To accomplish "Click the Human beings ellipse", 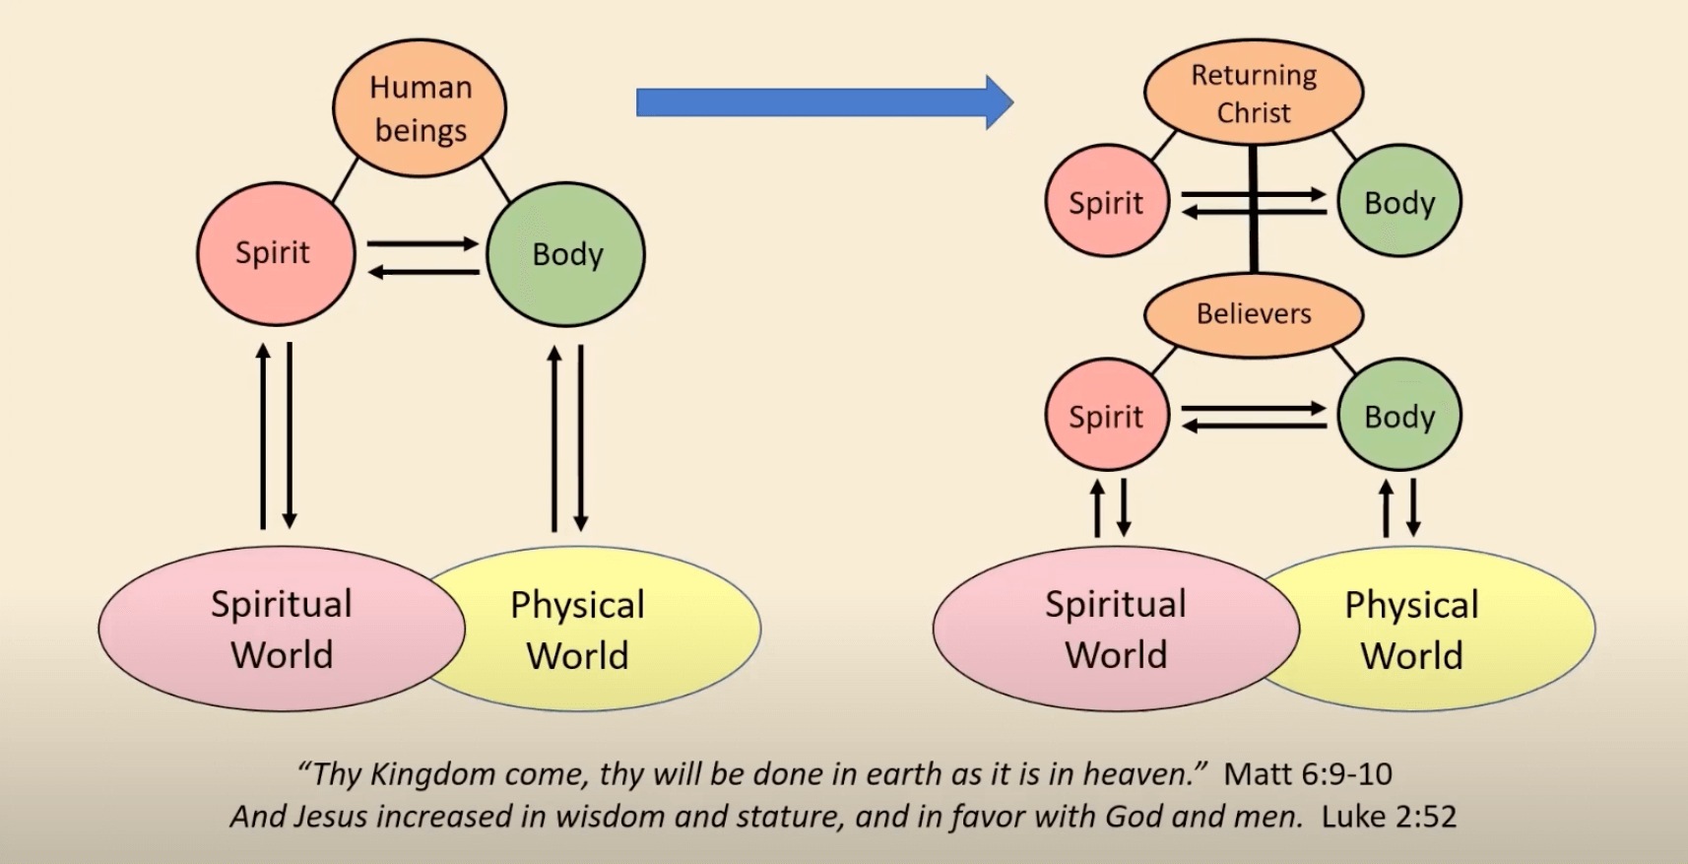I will coord(420,108).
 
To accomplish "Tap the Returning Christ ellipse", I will coord(1253,93).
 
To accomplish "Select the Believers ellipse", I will coord(1253,314).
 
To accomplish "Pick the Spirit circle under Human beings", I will coord(275,253).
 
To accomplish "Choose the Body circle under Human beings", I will coord(566,254).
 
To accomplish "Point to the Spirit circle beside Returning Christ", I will coord(1106,202).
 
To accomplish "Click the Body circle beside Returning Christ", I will coord(1399,202).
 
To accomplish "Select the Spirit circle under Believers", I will coord(1106,416).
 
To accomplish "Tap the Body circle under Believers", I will coord(1399,416).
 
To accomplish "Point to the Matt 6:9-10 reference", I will coord(1308,774).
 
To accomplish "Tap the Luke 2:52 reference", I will coord(1389,817).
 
